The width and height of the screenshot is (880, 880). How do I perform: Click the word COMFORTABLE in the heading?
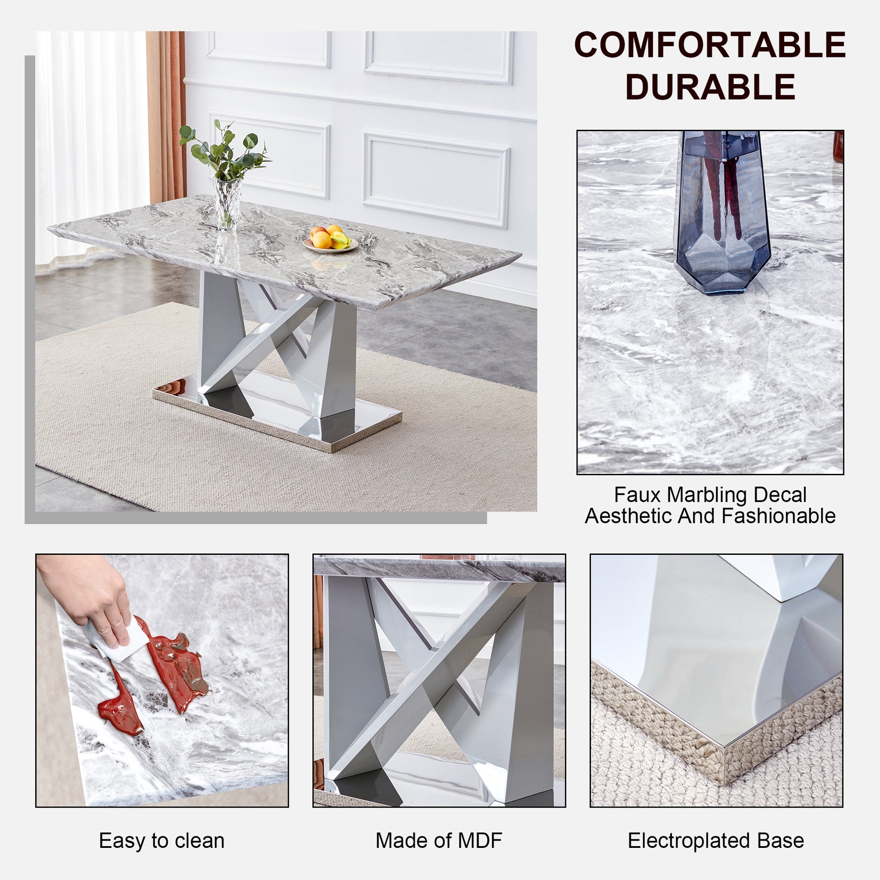[710, 45]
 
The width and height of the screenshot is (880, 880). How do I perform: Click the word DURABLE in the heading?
[710, 87]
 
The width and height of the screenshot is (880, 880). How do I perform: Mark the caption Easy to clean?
[162, 840]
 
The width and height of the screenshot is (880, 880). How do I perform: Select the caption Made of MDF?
[439, 840]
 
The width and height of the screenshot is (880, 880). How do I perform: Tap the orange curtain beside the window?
[166, 114]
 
